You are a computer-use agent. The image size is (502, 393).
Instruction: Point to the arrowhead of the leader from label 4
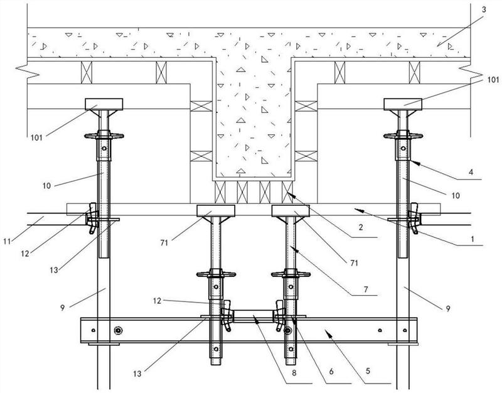[412, 161]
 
